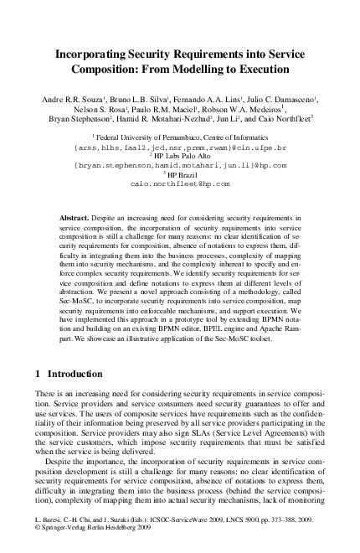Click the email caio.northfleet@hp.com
click(x=179, y=185)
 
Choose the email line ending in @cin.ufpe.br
click(x=179, y=145)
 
